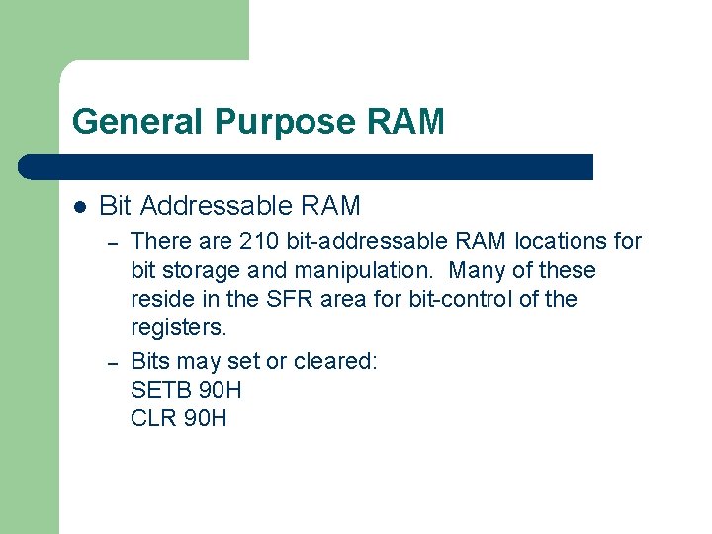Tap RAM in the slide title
pos(405,123)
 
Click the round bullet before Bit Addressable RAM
pos(80,207)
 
